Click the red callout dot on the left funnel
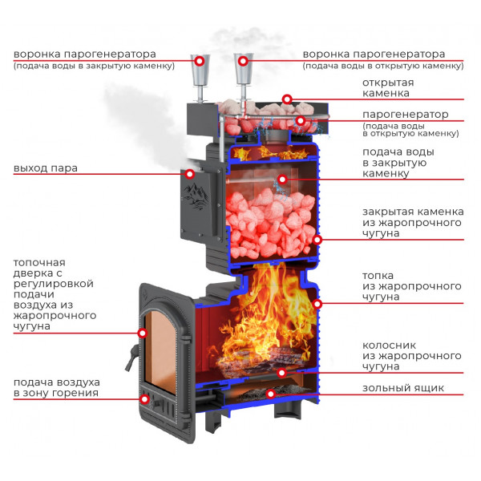200,61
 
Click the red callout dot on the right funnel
243,61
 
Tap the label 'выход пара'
46,168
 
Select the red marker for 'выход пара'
190,174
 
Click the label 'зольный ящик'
403,388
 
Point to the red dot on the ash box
271,394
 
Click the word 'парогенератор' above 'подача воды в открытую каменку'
405,115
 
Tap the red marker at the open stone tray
287,99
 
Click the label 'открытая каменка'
388,87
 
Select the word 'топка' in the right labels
378,276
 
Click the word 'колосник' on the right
390,346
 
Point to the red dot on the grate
281,373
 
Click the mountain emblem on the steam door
196,197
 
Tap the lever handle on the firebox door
131,358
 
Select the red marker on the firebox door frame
143,333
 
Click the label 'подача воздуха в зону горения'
56,388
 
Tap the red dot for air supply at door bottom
145,399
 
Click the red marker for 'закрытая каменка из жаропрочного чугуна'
317,240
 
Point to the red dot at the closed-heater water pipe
282,179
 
